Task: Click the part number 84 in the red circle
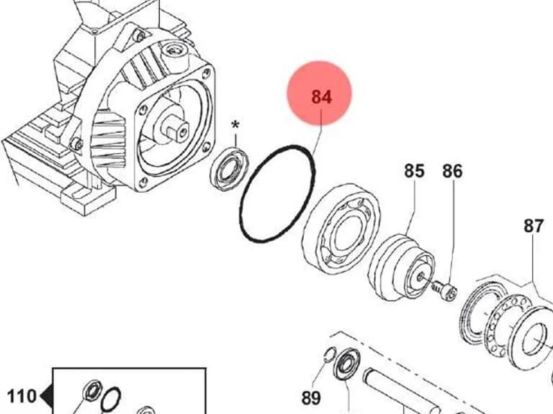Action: coord(322,97)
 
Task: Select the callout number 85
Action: coord(414,171)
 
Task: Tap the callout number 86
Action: coord(452,171)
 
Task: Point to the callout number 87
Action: coord(534,226)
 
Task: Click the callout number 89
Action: coord(311,398)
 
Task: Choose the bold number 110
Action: coord(22,396)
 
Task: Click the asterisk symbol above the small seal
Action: coord(235,126)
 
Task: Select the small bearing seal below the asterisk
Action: coord(230,169)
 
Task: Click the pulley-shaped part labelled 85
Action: coord(401,267)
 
